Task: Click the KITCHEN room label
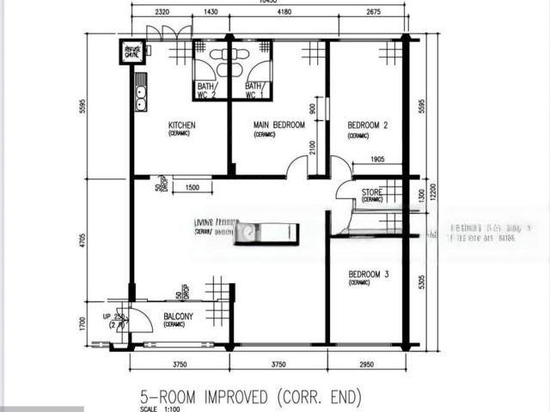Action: (x=181, y=125)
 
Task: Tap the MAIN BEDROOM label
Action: (x=278, y=125)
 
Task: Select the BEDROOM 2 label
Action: (x=368, y=125)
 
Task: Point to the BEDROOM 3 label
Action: (x=369, y=275)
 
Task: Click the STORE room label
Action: (x=372, y=192)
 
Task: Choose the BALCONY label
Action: (x=178, y=317)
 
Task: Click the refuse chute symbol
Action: (x=133, y=51)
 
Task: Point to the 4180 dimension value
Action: (x=277, y=13)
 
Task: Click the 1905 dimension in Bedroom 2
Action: (x=372, y=160)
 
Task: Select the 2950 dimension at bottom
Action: (x=366, y=365)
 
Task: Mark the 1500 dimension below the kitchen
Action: (x=192, y=188)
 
